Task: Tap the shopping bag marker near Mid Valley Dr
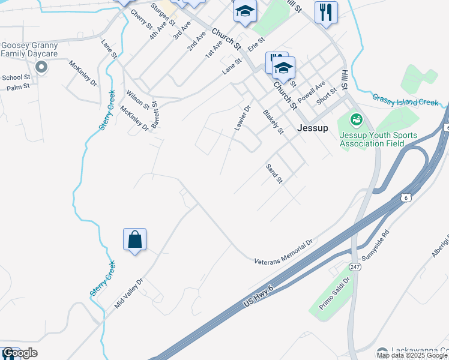(x=135, y=240)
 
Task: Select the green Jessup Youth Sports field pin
(x=357, y=120)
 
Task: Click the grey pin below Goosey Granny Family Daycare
(x=41, y=67)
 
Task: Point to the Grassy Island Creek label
(x=405, y=100)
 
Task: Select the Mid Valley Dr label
(x=129, y=293)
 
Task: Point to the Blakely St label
(x=273, y=121)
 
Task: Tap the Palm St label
(x=18, y=88)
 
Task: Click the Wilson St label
(x=137, y=100)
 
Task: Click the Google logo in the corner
(x=19, y=353)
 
